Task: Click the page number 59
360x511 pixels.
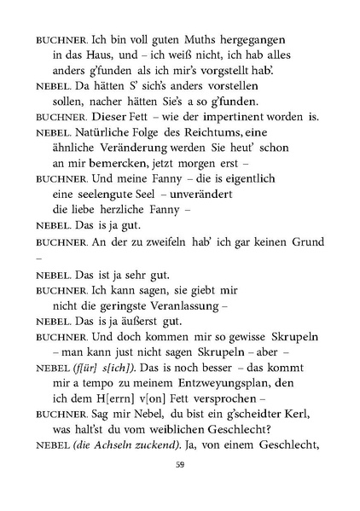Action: [x=180, y=488]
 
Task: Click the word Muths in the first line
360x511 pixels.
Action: [x=168, y=39]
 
